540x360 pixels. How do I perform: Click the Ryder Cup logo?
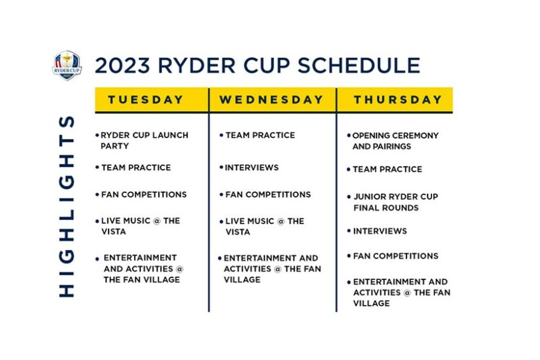click(x=67, y=65)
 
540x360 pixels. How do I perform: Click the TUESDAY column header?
click(x=145, y=100)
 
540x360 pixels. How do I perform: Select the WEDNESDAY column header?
click(x=271, y=100)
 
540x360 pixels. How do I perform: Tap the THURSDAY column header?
click(x=398, y=100)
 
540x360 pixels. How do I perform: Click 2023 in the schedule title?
click(x=123, y=65)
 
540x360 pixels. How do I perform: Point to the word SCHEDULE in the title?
click(x=359, y=65)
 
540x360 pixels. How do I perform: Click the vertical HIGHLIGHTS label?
click(x=67, y=206)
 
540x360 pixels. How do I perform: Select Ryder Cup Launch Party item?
click(x=144, y=140)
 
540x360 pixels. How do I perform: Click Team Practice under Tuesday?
click(x=136, y=168)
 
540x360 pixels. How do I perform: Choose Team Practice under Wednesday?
click(x=260, y=135)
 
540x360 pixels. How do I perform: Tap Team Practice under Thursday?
click(x=388, y=170)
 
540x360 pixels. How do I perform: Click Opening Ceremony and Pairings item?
click(x=395, y=141)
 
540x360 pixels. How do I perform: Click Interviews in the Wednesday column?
click(x=252, y=168)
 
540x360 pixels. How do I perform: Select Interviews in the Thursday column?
click(x=380, y=231)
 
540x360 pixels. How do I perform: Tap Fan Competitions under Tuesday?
click(x=144, y=194)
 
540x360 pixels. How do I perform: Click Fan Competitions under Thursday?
click(x=396, y=256)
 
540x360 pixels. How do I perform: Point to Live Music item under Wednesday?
click(x=265, y=226)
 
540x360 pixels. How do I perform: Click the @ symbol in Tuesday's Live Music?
click(x=157, y=220)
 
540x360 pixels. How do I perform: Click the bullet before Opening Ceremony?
click(x=349, y=136)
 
